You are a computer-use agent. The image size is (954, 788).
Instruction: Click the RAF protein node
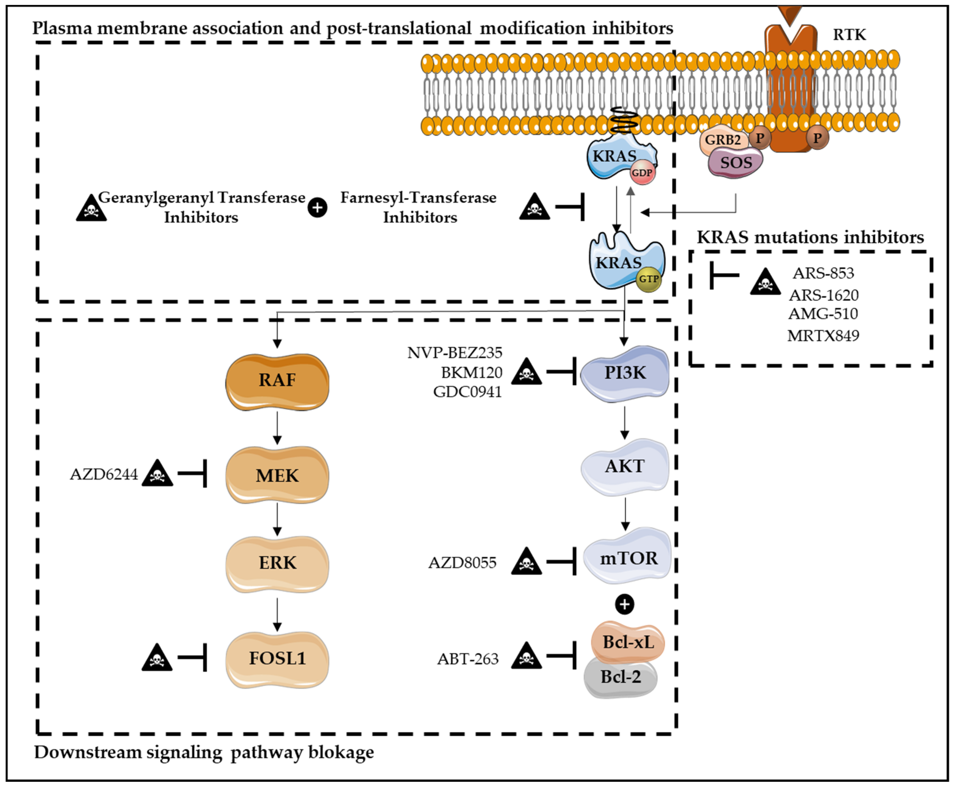277,381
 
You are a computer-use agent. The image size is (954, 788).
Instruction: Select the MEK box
277,475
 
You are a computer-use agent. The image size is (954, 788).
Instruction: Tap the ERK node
277,563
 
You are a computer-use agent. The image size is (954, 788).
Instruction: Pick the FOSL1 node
277,659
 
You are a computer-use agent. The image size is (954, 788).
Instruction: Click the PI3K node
625,373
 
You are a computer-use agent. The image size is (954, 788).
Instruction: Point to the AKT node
625,466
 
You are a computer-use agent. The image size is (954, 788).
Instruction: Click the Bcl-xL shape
628,642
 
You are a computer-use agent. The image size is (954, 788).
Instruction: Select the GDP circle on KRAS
642,173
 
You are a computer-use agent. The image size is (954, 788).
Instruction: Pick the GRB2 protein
723,140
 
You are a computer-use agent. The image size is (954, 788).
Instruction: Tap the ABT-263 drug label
468,659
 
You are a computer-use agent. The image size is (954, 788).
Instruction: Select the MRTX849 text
823,336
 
